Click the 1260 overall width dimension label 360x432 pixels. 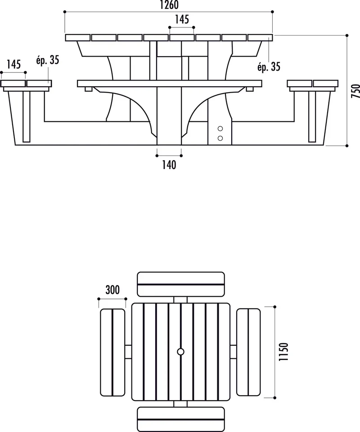click(x=169, y=4)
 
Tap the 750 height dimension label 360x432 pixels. click(x=355, y=91)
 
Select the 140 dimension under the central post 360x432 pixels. click(x=169, y=165)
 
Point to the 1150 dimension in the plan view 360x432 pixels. click(x=283, y=352)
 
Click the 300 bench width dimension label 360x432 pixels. click(x=112, y=289)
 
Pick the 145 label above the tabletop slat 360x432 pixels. click(x=182, y=19)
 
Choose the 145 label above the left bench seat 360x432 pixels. click(x=13, y=64)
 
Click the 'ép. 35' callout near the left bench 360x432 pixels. click(x=47, y=60)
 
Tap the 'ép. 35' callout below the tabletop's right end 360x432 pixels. click(x=269, y=67)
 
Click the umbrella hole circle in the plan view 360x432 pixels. click(x=181, y=352)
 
